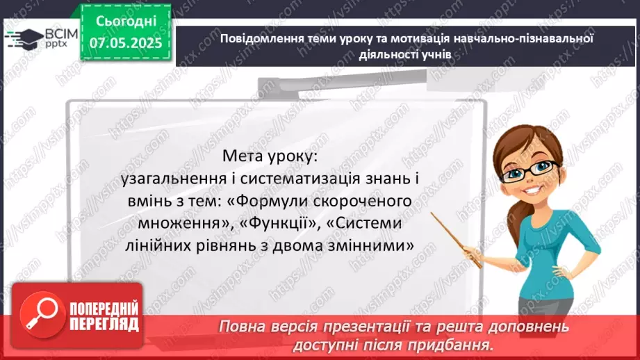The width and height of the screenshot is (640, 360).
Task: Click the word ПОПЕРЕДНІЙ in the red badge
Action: (x=103, y=310)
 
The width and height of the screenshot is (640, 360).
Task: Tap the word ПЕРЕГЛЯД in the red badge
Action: (x=103, y=325)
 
